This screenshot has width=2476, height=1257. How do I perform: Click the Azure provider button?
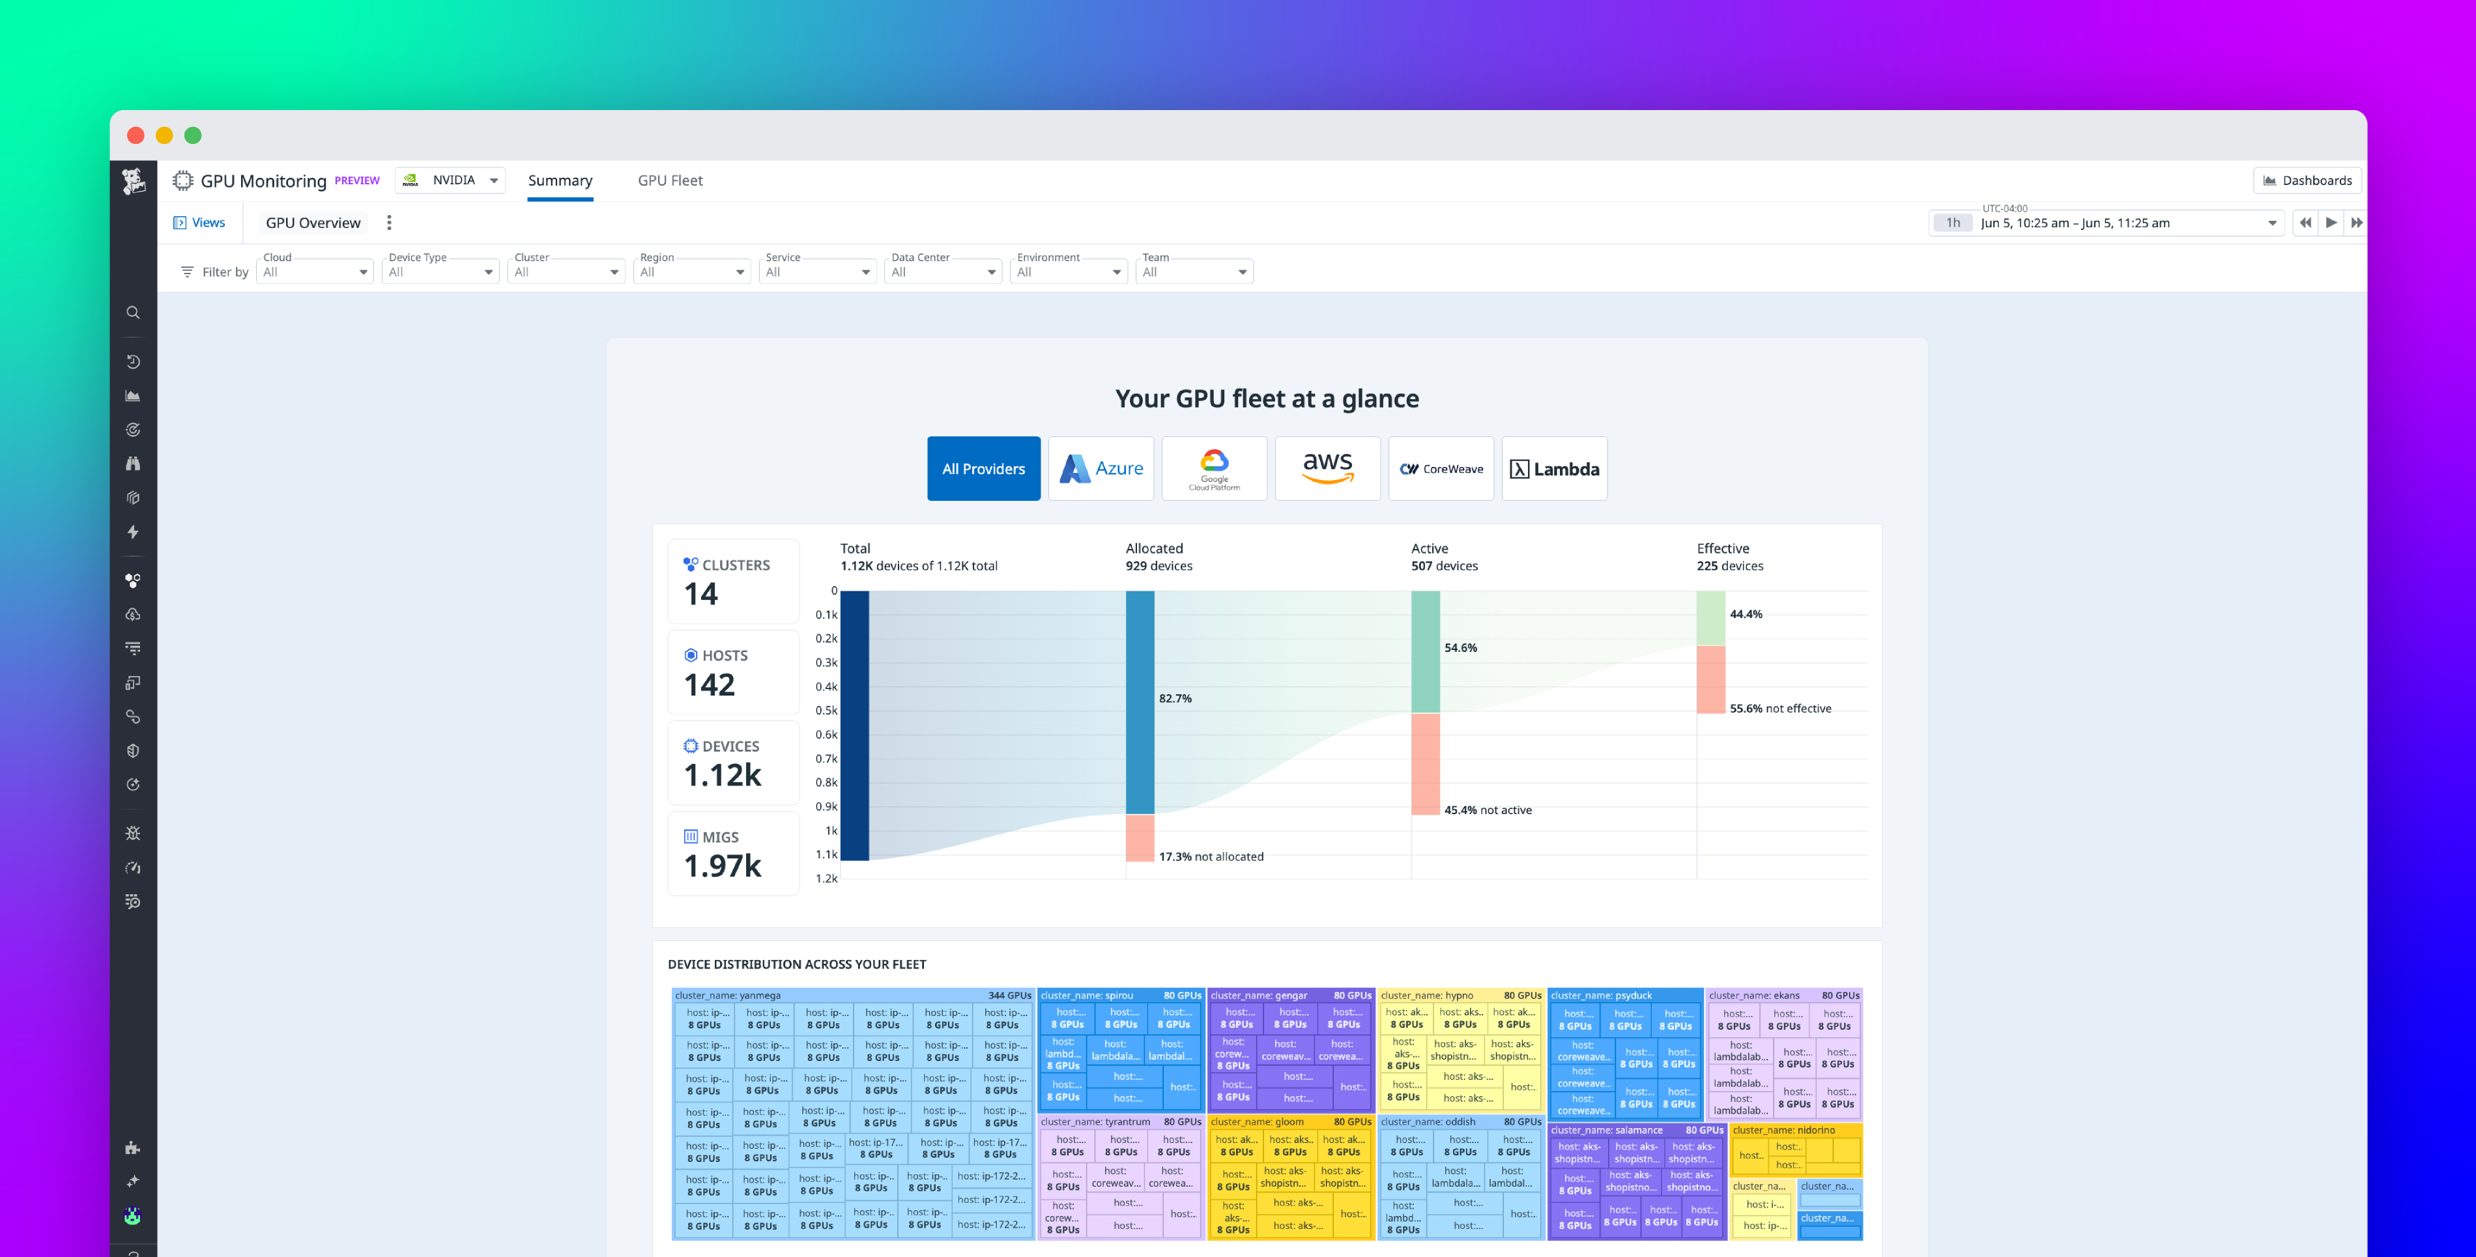(1101, 468)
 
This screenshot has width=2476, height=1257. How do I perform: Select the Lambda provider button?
(1554, 468)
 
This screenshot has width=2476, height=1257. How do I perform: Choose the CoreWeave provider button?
(1441, 468)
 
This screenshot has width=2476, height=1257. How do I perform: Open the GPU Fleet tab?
(670, 180)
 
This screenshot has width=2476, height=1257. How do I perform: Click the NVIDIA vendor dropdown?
(451, 180)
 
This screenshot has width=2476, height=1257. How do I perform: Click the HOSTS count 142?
(710, 685)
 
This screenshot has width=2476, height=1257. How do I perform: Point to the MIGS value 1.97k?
(722, 865)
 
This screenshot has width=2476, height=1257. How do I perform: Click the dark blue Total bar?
(854, 726)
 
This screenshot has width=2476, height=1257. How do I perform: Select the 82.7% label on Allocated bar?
(1175, 699)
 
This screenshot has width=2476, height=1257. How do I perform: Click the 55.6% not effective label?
(1780, 708)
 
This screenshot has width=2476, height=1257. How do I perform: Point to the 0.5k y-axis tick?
(826, 710)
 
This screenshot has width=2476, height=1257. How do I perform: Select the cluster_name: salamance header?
(1606, 1130)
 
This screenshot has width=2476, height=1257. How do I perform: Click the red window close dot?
(136, 135)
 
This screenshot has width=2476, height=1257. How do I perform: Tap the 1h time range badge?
(1952, 223)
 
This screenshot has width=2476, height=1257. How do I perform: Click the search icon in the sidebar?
(133, 313)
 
